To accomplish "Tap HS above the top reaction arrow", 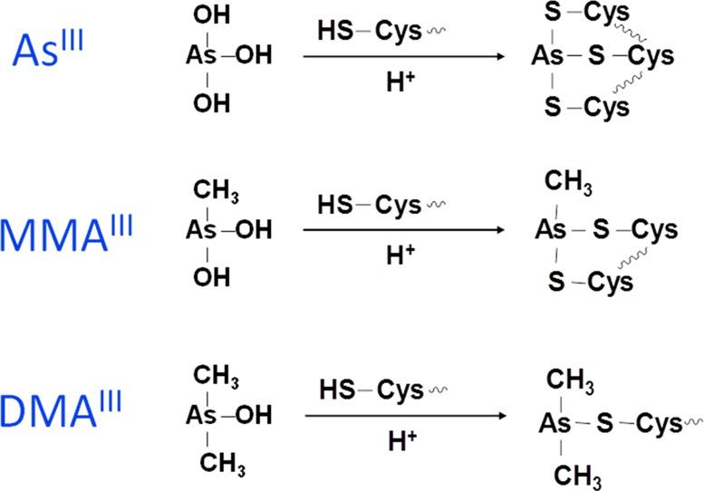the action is (333, 31).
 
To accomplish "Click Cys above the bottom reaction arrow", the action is (400, 391).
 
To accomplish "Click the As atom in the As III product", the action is (548, 57).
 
